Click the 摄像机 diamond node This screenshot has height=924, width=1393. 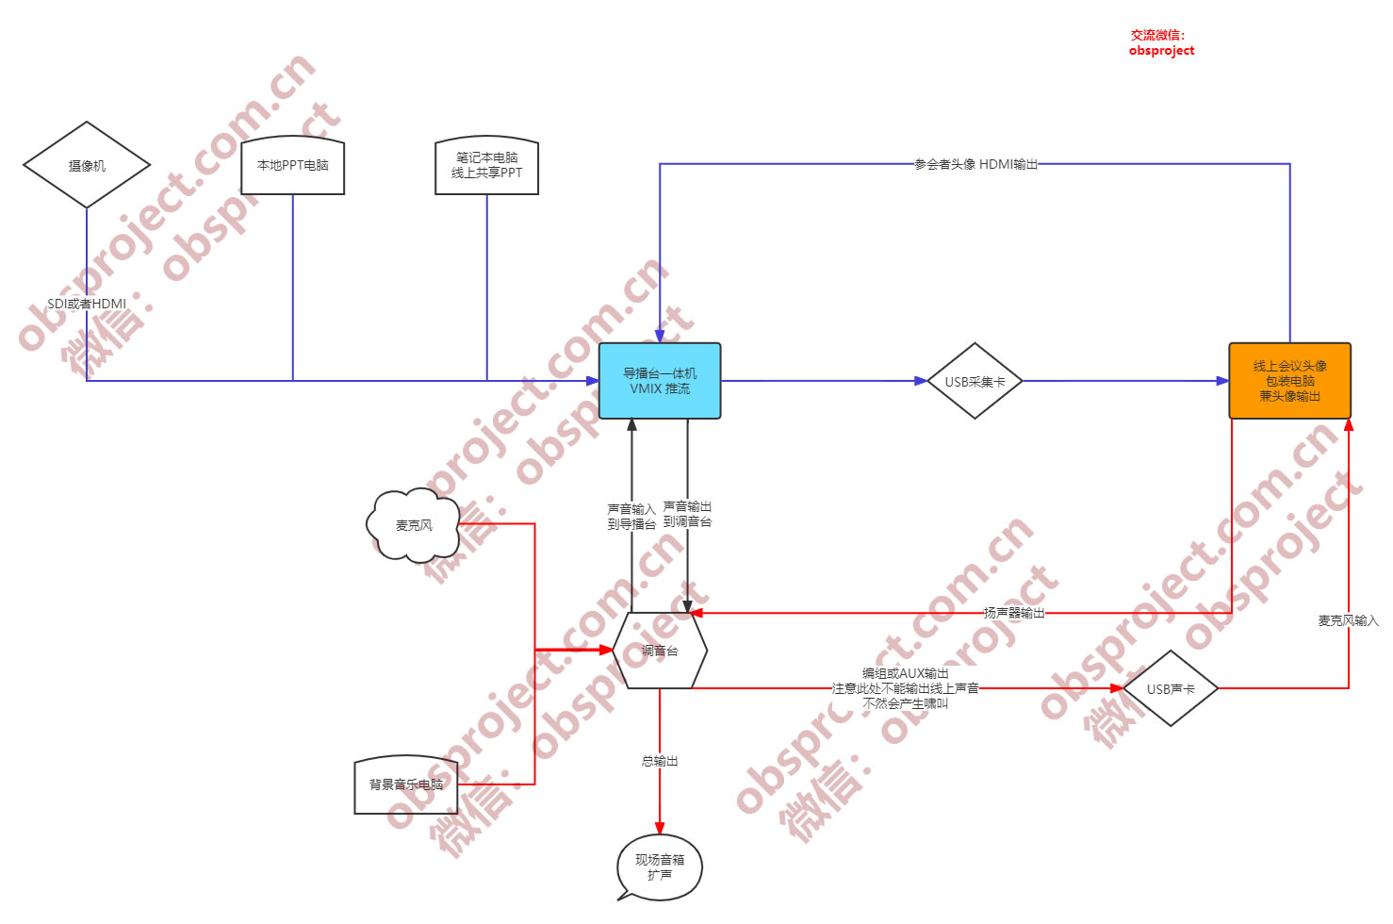(87, 165)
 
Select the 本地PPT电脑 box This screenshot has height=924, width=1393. (292, 166)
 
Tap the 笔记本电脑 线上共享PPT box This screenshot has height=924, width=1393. (486, 166)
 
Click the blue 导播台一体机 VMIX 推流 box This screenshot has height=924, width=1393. (660, 381)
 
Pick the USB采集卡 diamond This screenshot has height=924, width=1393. (975, 381)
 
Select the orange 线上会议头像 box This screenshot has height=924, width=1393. (1289, 381)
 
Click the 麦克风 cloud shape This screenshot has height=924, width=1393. (414, 525)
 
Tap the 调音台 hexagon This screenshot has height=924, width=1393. (660, 651)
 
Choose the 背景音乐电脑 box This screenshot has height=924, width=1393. (406, 784)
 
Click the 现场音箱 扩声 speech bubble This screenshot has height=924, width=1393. (660, 867)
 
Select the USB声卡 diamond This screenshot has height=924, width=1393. (1171, 688)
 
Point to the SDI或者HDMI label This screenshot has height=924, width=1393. (87, 304)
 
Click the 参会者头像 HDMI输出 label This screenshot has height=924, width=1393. (975, 164)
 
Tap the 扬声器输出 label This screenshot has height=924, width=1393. (1014, 613)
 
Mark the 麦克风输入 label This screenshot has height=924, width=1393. (1348, 620)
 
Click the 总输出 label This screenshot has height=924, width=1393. (660, 761)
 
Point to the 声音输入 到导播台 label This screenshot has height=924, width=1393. (631, 517)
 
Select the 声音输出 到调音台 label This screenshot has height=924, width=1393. (688, 514)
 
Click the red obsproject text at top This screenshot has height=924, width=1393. (1161, 51)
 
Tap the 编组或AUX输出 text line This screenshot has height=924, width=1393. (905, 673)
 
